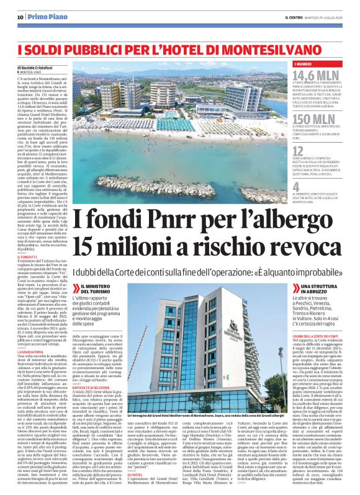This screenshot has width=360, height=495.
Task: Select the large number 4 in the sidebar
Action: point(296,185)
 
